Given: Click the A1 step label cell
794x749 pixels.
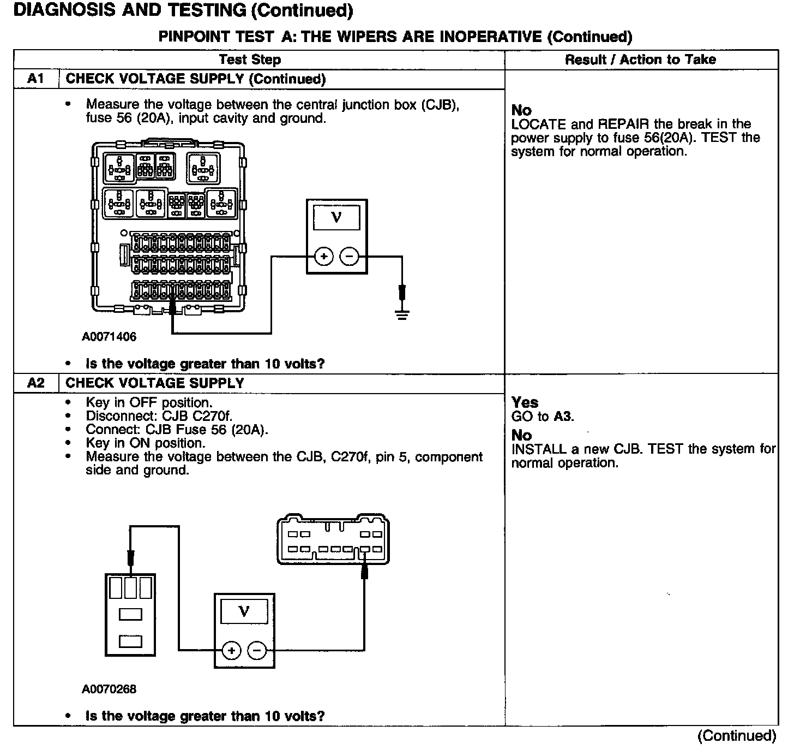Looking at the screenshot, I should coord(35,79).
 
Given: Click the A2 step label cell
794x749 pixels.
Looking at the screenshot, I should coord(35,383).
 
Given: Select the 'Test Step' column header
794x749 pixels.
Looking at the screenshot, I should coord(250,60).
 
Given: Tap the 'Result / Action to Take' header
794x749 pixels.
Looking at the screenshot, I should coord(640,60).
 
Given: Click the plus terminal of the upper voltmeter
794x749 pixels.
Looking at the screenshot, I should coord(323,256).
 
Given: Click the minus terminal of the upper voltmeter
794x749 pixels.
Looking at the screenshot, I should coord(350,256).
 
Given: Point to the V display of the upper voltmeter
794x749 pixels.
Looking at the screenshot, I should coord(336,217).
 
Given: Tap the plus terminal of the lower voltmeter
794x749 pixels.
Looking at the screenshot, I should coord(231,650).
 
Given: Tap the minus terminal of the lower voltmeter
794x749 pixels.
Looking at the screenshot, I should coord(257,650).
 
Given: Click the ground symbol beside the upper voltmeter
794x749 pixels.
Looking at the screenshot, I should coord(402,314).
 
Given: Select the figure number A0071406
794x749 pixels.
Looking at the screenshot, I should coord(109,337).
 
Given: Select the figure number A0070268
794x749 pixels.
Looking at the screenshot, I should coord(109,689).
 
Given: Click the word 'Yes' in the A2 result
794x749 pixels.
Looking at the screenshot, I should coord(525,403).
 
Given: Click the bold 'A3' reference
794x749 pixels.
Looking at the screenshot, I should coord(563,417).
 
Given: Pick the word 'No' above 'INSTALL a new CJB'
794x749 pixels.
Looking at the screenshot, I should coord(521,435).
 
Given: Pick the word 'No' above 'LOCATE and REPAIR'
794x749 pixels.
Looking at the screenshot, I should coord(521,110).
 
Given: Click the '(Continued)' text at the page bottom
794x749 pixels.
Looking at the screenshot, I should coord(736,736).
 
